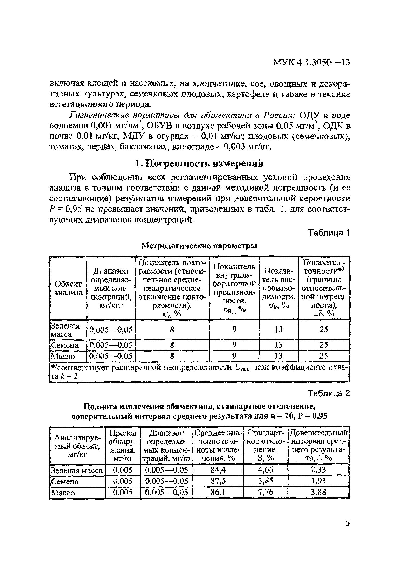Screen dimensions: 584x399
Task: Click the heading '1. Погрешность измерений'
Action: tap(199, 164)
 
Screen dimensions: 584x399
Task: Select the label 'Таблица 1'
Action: tap(329, 233)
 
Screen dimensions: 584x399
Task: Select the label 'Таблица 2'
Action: tap(329, 393)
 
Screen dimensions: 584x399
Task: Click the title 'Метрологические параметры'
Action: tap(199, 246)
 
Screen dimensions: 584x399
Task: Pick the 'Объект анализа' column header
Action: tap(68, 288)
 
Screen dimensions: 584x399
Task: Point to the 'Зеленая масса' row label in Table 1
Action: tap(65, 330)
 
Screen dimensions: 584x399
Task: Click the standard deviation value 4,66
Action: tap(266, 470)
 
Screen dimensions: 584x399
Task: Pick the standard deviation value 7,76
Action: tap(266, 492)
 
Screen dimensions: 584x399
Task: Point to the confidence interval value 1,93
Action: tap(318, 481)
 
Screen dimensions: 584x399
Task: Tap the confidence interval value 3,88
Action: tap(318, 492)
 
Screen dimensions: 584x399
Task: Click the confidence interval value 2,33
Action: tap(318, 470)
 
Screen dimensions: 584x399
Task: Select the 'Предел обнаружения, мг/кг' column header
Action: tap(123, 446)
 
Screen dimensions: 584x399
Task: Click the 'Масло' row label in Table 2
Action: tap(63, 493)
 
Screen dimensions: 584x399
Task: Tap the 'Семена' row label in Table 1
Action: tap(65, 345)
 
